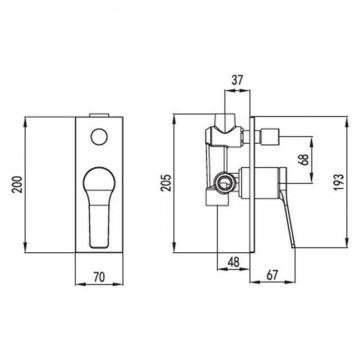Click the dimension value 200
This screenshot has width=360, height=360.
pos(17,184)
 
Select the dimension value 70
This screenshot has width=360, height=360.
pos(99,277)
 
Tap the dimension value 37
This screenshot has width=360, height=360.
pos(237,80)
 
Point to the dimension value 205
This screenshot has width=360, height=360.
pos(167,182)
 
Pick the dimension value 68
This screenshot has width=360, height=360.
pos(304,160)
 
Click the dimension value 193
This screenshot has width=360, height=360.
pos(339,182)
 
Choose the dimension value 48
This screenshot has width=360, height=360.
pos(233,263)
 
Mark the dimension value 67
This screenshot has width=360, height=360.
pos(272,275)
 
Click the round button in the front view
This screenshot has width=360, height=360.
pos(99,137)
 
